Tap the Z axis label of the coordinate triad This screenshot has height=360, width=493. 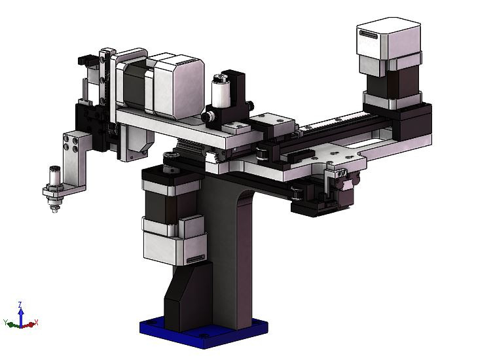[x=20, y=304]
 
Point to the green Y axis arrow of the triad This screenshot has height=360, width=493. [x=10, y=323]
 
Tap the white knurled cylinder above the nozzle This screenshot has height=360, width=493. [x=52, y=177]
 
